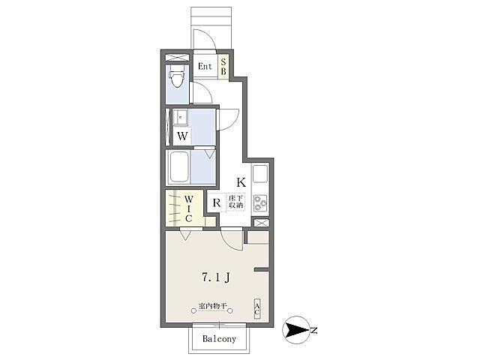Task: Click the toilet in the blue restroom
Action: coord(177,79)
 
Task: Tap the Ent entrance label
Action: coord(205,66)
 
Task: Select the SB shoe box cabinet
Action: coord(223,67)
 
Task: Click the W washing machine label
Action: coord(182,136)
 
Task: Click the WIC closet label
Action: coord(188,209)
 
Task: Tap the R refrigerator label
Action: coord(217,202)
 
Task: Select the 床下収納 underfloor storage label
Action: coord(235,202)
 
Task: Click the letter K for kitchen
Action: coord(241,182)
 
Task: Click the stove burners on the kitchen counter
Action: coord(260,203)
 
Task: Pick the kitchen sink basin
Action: coord(260,174)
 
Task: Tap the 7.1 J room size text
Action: coord(216,277)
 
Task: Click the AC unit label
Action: coord(257,309)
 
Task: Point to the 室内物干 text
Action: coord(212,305)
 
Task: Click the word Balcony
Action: coord(219,339)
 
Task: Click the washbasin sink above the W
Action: coord(180,117)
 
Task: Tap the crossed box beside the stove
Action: coord(261,223)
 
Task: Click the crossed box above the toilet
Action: coord(177,57)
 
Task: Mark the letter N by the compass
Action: coord(313,331)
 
